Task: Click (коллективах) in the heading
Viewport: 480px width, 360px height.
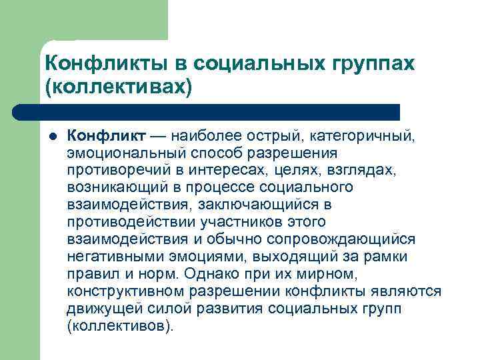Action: [118, 87]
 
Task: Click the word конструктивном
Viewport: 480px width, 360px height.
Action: [126, 291]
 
